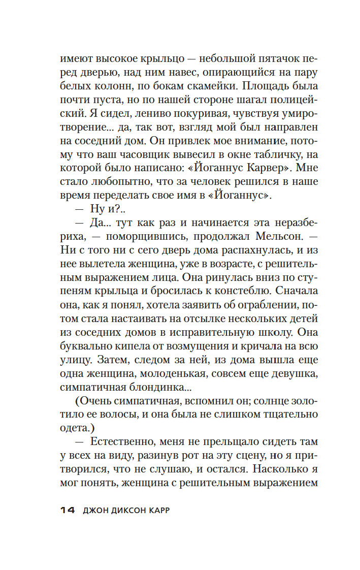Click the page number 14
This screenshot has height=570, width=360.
(x=67, y=510)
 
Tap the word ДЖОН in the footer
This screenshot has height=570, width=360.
(x=97, y=510)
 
